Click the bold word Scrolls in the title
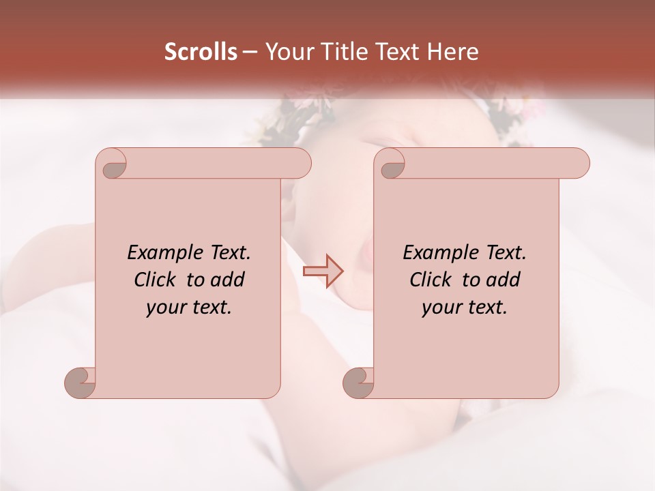(201, 52)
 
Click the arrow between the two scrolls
(323, 271)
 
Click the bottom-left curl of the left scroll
(81, 383)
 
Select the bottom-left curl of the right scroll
(359, 383)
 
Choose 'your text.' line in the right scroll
(465, 308)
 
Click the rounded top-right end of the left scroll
(300, 164)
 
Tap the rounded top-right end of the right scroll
(579, 164)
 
